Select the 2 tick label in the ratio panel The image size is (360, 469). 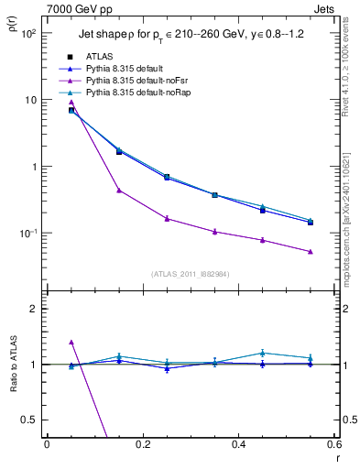[35, 309]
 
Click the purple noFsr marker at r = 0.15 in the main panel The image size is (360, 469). [119, 191]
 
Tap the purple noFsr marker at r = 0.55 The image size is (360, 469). [311, 252]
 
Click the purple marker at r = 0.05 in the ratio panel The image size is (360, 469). [71, 342]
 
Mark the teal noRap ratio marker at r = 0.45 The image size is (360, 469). [263, 353]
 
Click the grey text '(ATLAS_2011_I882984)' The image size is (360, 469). [191, 273]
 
